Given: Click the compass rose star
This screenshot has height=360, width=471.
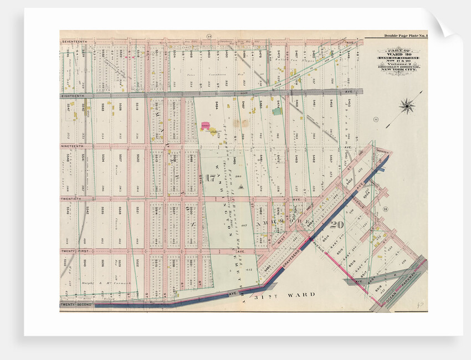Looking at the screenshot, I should [x=407, y=105].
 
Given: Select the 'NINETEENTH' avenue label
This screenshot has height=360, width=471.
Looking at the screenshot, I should [x=73, y=146].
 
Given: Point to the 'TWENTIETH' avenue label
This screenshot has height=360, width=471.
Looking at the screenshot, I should [x=71, y=198].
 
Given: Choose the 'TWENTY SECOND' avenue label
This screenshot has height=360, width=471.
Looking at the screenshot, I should [x=75, y=304].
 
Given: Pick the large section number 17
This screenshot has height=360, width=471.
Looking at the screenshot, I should [x=209, y=178].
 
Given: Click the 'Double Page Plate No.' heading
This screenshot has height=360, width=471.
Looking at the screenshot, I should [x=405, y=36].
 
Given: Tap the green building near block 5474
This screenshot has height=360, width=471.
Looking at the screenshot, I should [x=277, y=111].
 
